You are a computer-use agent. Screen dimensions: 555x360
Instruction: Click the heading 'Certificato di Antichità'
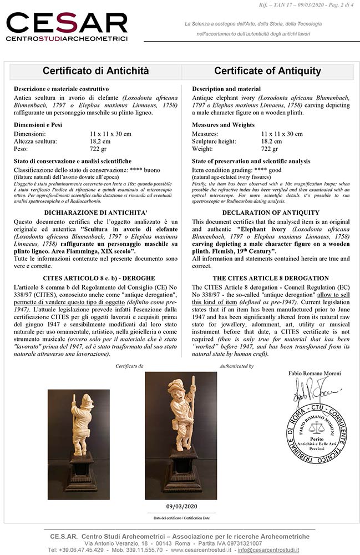coord(96,71)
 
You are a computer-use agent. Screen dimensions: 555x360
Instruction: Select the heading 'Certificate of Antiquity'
coord(267,71)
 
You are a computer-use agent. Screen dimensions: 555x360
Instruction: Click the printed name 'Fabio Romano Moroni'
coord(314,374)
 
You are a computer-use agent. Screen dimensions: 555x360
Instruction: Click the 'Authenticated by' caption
coord(236,366)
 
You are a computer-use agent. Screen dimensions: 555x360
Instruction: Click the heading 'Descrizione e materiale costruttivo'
coord(62,89)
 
